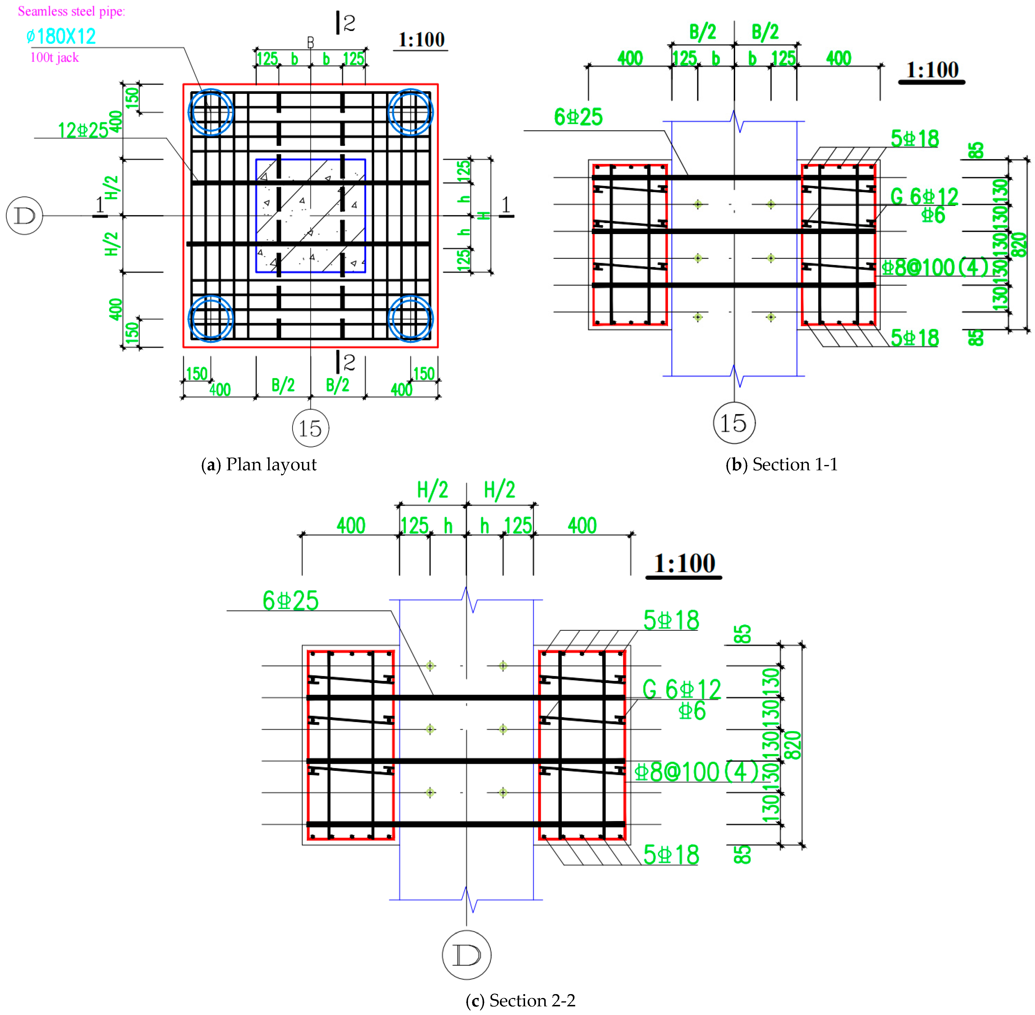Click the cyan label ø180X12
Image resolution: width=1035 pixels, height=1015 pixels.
click(61, 36)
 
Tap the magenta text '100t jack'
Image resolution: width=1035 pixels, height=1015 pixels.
click(54, 58)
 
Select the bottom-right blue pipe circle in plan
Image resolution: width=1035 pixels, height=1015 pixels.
click(411, 319)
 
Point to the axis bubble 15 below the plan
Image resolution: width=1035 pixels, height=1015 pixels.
click(311, 428)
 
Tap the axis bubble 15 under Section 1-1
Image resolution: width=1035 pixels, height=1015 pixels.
click(734, 423)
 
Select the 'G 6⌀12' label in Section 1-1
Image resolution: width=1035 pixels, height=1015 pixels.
click(924, 197)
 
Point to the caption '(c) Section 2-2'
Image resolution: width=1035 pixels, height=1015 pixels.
click(520, 1001)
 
